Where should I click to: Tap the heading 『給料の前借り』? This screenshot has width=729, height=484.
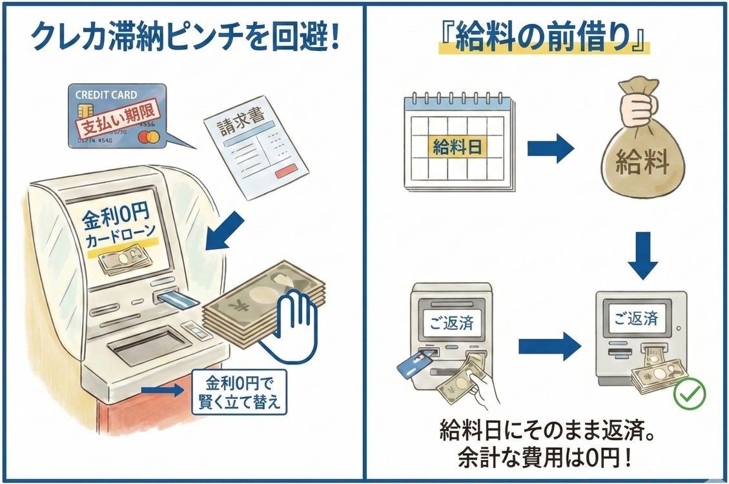point(543,41)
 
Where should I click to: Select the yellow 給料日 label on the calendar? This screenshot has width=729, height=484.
point(457,148)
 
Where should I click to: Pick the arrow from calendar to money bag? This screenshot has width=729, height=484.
point(550,149)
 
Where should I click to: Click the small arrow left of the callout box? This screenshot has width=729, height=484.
point(162,390)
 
